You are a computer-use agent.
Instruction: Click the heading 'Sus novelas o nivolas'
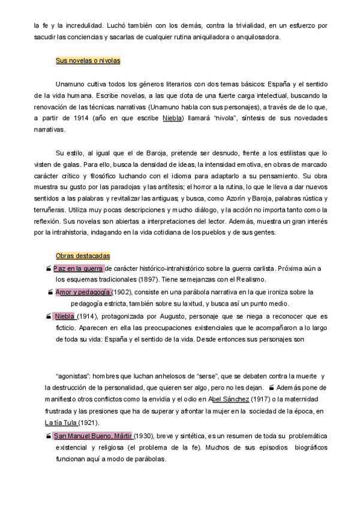click(88, 61)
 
